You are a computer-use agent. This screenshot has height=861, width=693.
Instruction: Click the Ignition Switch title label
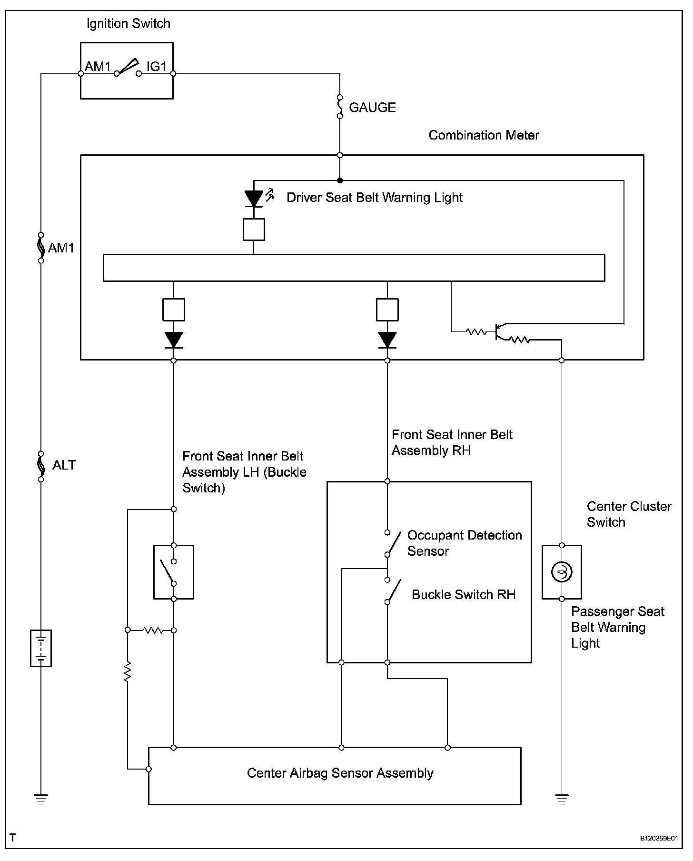[129, 24]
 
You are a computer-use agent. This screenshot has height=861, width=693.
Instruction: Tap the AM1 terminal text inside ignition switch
[98, 66]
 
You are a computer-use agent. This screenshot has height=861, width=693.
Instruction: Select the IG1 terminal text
[157, 66]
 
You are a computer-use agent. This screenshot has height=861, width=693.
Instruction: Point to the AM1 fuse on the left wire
[41, 248]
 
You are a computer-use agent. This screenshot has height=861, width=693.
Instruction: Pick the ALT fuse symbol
[41, 466]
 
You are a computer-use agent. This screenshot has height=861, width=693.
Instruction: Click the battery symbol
[41, 648]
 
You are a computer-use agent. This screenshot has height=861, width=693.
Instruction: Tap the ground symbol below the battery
[41, 800]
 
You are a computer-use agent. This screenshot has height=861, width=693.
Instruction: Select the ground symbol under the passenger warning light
[562, 800]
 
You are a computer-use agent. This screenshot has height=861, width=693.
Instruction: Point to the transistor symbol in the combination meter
[499, 332]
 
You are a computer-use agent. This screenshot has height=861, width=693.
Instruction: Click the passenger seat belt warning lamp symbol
[562, 572]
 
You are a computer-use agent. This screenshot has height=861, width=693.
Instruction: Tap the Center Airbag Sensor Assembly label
[340, 772]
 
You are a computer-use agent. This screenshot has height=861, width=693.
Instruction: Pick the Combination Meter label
[484, 135]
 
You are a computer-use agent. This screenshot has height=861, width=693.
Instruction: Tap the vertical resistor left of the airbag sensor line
[128, 671]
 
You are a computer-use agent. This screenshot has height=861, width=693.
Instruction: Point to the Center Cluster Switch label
[629, 514]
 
